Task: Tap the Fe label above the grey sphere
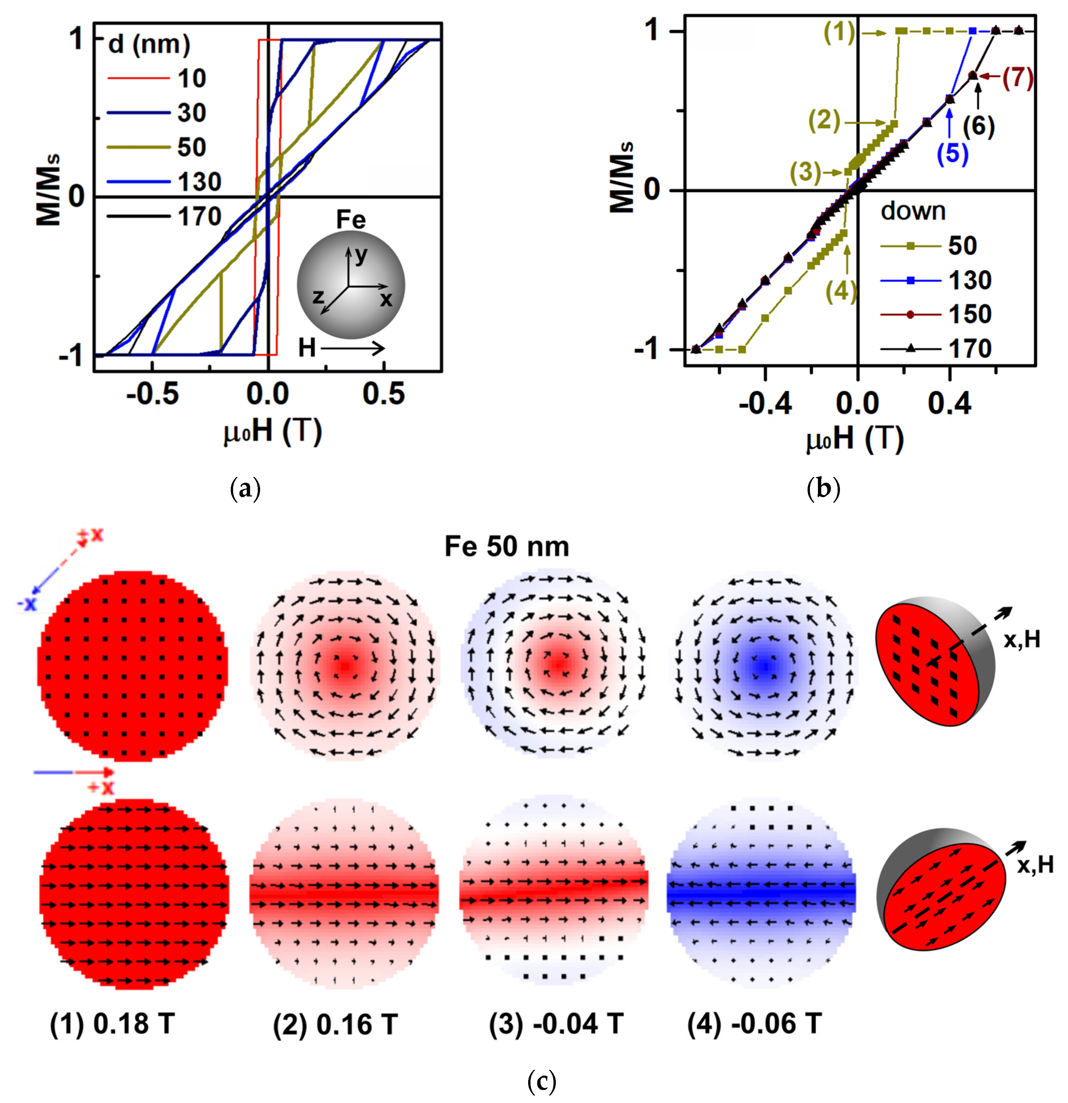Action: click(350, 220)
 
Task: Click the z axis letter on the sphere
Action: click(318, 296)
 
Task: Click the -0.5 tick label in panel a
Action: click(152, 394)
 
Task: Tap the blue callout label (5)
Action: click(952, 153)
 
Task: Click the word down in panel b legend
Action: click(913, 212)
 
